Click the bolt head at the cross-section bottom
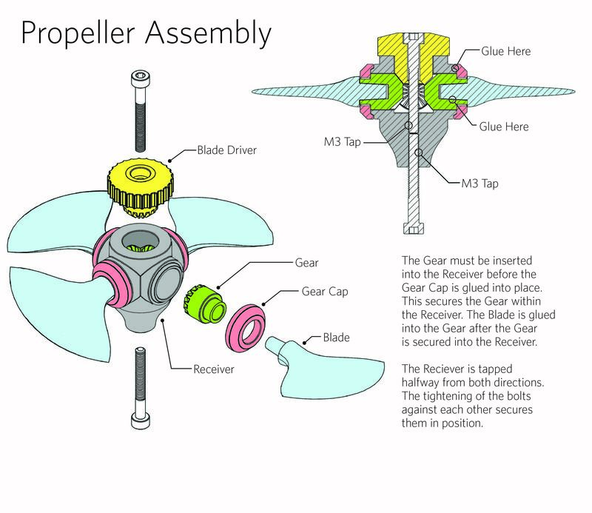click(x=411, y=224)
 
